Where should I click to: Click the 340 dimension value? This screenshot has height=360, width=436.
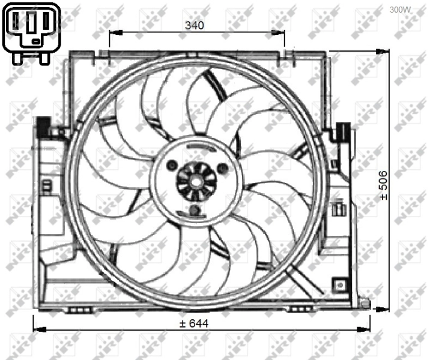pyautogui.click(x=195, y=25)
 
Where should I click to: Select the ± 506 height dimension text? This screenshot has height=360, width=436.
pyautogui.click(x=383, y=185)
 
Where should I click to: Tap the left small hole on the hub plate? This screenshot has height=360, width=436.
pyautogui.click(x=172, y=165)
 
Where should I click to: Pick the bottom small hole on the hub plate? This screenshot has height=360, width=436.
pyautogui.click(x=194, y=210)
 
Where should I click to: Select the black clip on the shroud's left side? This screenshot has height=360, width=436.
pyautogui.click(x=43, y=126)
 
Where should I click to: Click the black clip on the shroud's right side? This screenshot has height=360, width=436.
pyautogui.click(x=343, y=130)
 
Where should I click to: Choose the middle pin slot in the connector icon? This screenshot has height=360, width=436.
pyautogui.click(x=32, y=22)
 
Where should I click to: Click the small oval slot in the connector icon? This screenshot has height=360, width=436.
pyautogui.click(x=37, y=41)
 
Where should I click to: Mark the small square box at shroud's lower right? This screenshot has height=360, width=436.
pyautogui.click(x=341, y=283)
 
